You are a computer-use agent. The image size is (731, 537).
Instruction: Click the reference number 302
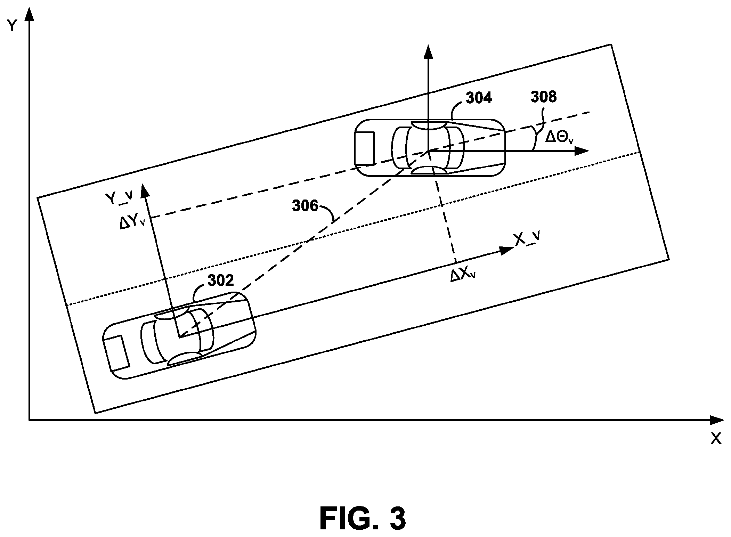click(221, 280)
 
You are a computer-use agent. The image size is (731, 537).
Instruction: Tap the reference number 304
click(479, 98)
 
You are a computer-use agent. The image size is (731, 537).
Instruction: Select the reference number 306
click(305, 206)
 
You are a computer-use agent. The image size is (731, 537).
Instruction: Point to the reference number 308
click(543, 97)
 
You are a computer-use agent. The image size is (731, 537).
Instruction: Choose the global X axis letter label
click(716, 439)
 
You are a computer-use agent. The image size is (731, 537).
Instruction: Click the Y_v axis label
click(119, 198)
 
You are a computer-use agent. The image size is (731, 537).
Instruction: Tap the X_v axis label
click(527, 239)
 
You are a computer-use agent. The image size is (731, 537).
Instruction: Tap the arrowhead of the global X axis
click(716, 420)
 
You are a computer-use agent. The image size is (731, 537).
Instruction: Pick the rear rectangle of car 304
click(364, 148)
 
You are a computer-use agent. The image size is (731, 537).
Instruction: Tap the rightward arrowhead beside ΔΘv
click(581, 150)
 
